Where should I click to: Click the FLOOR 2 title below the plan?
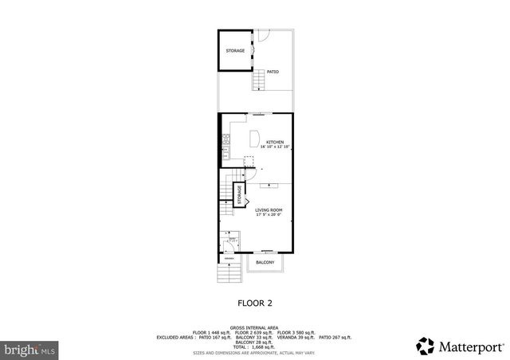[x=256, y=303]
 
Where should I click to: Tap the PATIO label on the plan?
[x=273, y=72]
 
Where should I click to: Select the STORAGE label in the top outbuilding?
[x=235, y=51]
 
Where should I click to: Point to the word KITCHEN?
[x=274, y=143]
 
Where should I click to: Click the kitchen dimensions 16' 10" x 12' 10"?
[x=274, y=147]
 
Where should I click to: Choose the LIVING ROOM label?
[x=269, y=210]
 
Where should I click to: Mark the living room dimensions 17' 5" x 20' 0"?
[x=269, y=215]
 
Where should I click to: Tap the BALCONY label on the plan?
[x=265, y=262]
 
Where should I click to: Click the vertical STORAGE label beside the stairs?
[x=238, y=195]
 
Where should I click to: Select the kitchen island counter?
[x=257, y=139]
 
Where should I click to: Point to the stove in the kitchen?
[x=226, y=147]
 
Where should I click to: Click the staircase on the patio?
[x=259, y=80]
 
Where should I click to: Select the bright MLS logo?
[x=29, y=349]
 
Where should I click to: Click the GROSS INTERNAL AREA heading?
[x=254, y=327]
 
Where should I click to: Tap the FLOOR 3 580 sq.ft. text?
[x=296, y=332]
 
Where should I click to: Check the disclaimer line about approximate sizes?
[x=254, y=352]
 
